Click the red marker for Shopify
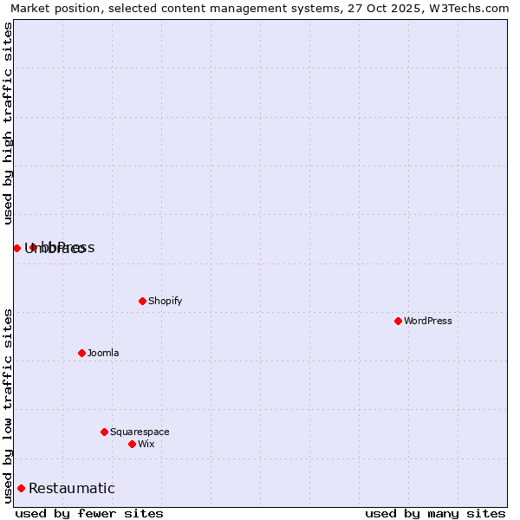[x=142, y=301]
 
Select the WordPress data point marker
[x=398, y=321]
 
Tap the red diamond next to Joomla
[x=81, y=353]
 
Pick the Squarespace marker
[x=104, y=432]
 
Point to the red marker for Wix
[x=132, y=444]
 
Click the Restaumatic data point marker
[x=21, y=488]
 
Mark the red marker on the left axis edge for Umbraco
[x=16, y=248]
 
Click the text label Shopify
[x=165, y=301]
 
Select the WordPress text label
[x=427, y=321]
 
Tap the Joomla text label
[x=103, y=353]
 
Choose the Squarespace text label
[x=140, y=432]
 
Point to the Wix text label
[x=146, y=444]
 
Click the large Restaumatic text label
[x=72, y=489]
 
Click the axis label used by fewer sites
[x=89, y=513]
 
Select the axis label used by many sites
[x=435, y=513]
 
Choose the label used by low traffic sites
[x=8, y=406]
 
